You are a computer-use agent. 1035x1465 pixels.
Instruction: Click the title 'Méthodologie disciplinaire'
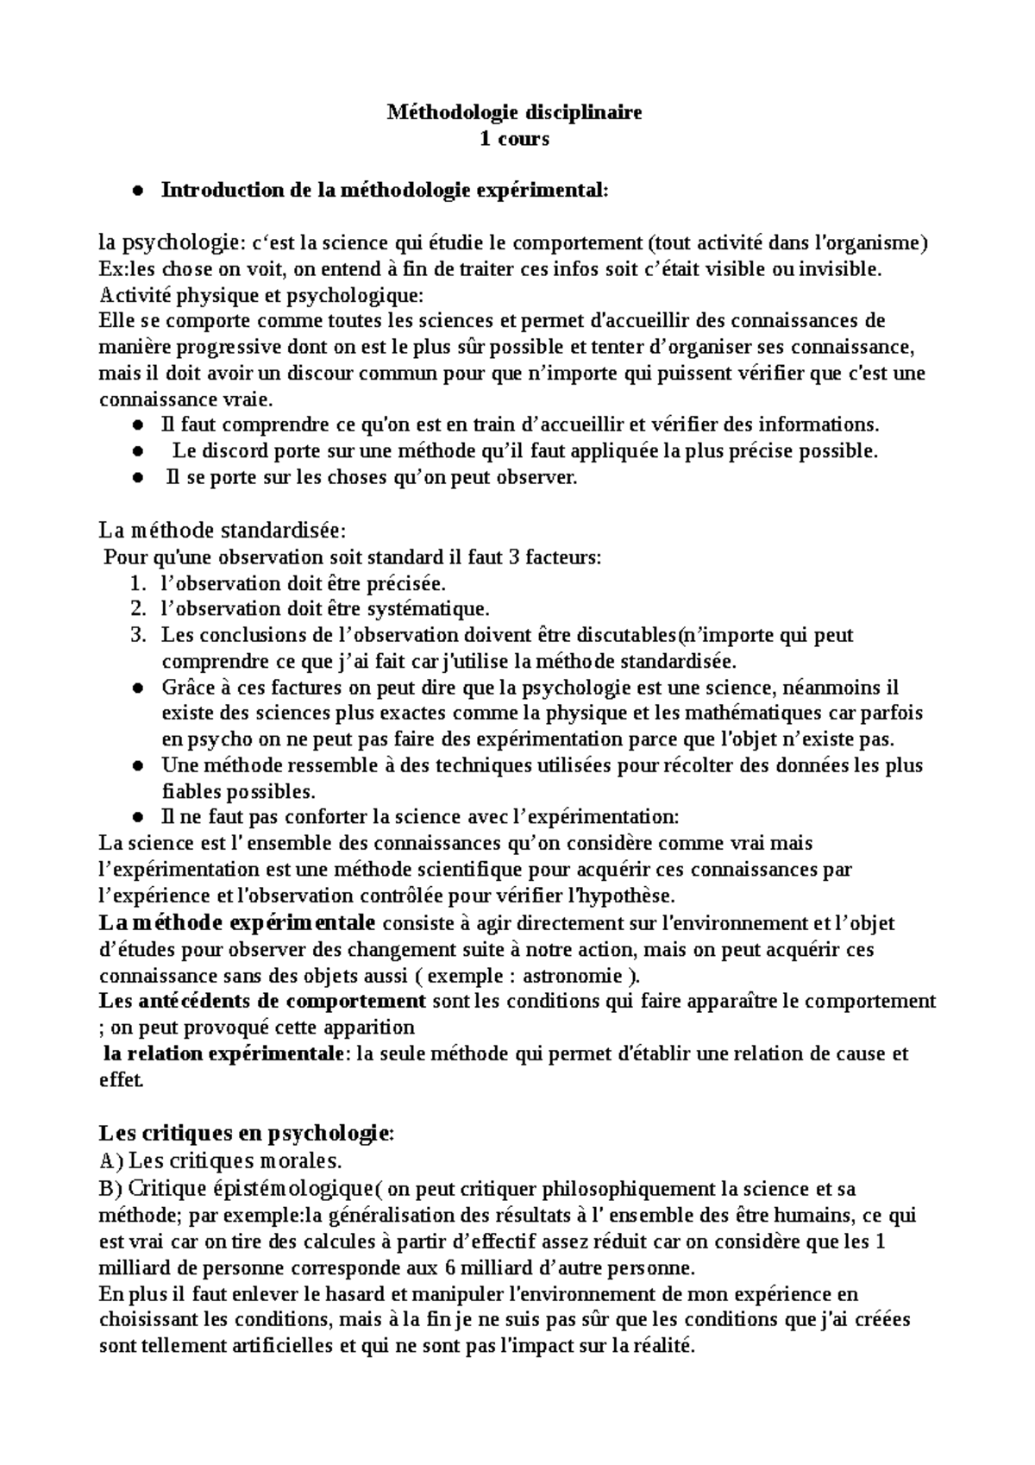click(x=514, y=112)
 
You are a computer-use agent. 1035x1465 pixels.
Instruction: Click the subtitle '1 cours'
click(x=514, y=138)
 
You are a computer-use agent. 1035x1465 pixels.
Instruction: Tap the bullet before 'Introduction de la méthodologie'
click(x=137, y=192)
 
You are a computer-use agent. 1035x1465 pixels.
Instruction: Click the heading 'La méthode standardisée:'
click(x=223, y=529)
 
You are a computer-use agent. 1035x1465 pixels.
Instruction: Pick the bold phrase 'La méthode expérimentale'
click(x=237, y=923)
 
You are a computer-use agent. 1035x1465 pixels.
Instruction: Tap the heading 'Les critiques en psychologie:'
click(x=247, y=1132)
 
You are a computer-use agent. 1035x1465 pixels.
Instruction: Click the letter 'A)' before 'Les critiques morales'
click(x=111, y=1160)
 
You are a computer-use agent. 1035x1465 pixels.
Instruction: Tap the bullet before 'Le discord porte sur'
click(x=137, y=452)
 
